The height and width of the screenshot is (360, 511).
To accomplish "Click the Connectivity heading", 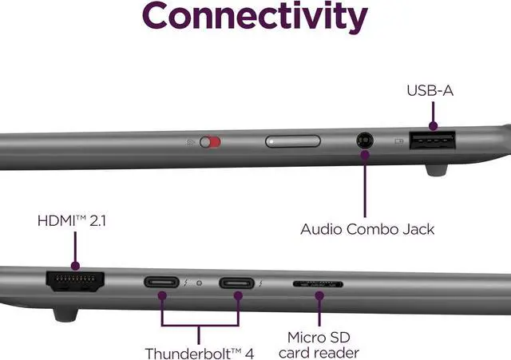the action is (x=255, y=18).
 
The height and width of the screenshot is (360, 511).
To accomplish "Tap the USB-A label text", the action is (x=430, y=91).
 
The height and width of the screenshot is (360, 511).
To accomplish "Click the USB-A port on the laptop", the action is (x=434, y=142).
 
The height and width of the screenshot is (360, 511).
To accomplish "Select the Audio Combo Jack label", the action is (x=367, y=229).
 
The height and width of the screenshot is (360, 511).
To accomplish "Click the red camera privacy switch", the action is (x=210, y=142).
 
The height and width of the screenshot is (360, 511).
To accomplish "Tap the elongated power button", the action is (x=293, y=142).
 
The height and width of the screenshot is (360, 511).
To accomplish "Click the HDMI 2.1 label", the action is (x=71, y=220).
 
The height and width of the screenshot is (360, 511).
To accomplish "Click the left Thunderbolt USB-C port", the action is (x=162, y=283).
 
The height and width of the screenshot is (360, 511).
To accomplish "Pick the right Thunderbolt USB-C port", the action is (x=237, y=283).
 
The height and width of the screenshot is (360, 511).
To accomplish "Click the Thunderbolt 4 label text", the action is (x=200, y=352).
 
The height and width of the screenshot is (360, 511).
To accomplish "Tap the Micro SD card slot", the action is (x=319, y=283).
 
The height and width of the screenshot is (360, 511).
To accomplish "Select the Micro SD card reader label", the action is (x=323, y=345).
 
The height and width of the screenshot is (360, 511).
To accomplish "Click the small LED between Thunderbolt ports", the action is (x=200, y=283).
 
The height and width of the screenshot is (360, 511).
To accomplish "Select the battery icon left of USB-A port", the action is (x=398, y=142).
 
